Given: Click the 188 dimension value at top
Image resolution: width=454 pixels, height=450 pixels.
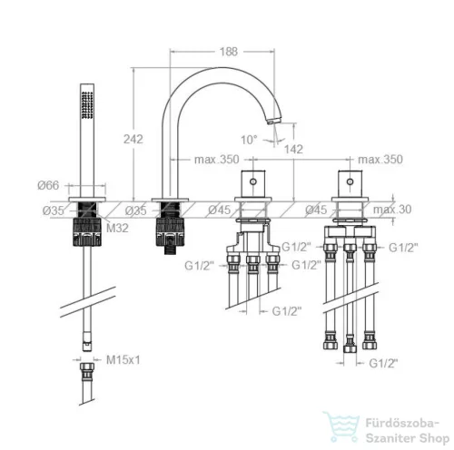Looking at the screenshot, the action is pos(229,52).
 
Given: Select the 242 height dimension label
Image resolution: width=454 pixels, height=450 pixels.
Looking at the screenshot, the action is pos(133,139).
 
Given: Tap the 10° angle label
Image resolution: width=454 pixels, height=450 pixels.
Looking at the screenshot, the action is pos(249,140).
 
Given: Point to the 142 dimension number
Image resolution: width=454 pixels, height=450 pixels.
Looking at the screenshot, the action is pos(293,149).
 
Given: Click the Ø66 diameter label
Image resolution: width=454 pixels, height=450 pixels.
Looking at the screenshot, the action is pos(48,185).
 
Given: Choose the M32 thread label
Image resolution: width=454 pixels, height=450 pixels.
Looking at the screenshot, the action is pos(117,228).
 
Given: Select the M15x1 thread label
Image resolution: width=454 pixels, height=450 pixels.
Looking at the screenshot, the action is pos(123,360).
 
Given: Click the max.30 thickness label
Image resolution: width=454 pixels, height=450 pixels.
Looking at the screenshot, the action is pos(392,210).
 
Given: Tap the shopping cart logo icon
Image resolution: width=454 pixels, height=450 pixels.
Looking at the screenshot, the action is pos(341,426).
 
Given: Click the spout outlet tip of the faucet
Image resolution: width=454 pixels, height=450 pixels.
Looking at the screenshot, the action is pos(271,122).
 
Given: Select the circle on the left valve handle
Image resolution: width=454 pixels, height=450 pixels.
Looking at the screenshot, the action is pos(253,181).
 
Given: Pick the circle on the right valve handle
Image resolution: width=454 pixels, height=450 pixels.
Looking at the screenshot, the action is pos(350,181).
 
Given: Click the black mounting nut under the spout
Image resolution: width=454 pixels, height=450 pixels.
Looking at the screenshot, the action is pos(170,231).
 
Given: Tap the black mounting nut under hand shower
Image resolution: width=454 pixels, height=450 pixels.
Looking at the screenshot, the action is pos(87,231).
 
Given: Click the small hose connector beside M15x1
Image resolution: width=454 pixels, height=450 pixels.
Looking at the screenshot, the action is pos(87,371).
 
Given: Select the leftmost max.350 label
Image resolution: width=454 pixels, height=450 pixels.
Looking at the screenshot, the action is pos(216,160).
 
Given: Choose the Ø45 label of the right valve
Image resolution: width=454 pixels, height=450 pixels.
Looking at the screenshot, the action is pos(316,210).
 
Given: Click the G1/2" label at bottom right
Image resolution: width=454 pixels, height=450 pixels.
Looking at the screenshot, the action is pos(383,363).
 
